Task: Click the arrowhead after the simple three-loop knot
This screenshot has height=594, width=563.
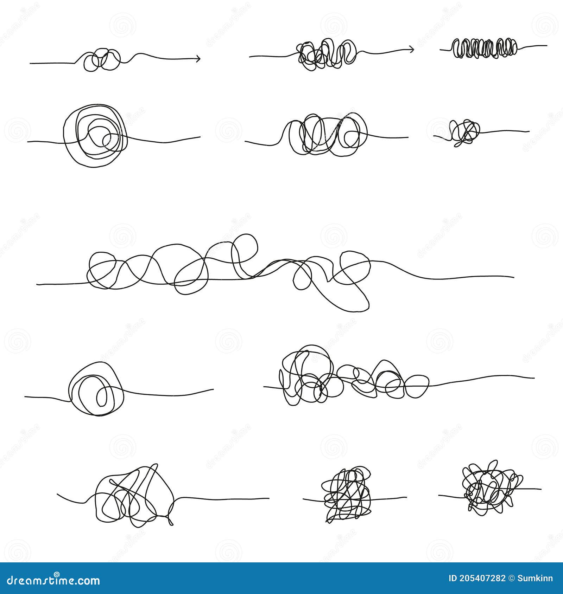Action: pyautogui.click(x=198, y=58)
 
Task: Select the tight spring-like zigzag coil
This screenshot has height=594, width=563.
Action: pyautogui.click(x=485, y=48)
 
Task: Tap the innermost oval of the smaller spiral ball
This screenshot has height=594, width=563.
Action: pyautogui.click(x=102, y=396)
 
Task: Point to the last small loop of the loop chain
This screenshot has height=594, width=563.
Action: pyautogui.click(x=417, y=386)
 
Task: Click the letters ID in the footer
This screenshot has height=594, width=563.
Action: pyautogui.click(x=453, y=579)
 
